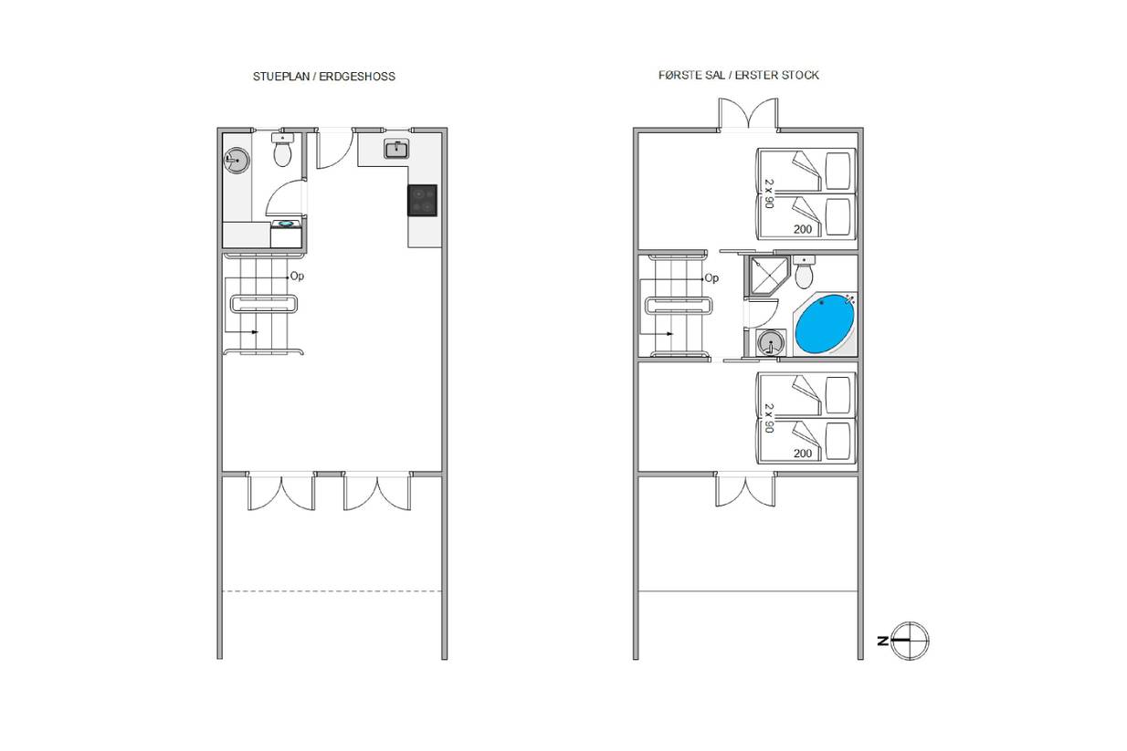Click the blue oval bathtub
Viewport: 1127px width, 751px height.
click(x=824, y=324)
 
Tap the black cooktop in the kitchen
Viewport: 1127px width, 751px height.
click(x=422, y=201)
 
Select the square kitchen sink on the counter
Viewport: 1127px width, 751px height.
click(x=396, y=150)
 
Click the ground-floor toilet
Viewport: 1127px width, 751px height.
click(x=282, y=150)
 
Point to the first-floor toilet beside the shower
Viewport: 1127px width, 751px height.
click(x=804, y=272)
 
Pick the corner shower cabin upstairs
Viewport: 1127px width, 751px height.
click(x=768, y=276)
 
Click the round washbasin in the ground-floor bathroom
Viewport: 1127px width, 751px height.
click(x=237, y=161)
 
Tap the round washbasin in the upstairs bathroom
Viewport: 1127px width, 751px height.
click(x=770, y=343)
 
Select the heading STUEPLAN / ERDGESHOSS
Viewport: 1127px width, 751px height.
click(x=324, y=77)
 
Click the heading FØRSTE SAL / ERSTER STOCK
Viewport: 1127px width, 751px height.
click(x=739, y=76)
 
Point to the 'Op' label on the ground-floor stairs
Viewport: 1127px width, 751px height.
click(x=297, y=276)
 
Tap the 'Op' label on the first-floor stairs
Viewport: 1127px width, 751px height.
click(x=711, y=278)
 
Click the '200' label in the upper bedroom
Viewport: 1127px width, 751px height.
click(x=803, y=229)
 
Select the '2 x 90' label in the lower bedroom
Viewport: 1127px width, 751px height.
click(x=769, y=418)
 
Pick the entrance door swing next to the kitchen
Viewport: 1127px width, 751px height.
click(x=334, y=149)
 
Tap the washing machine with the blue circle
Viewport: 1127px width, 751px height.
click(x=286, y=234)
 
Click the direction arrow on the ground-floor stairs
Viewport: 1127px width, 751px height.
click(x=241, y=332)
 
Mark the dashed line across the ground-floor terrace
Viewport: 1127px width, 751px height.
click(x=332, y=591)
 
